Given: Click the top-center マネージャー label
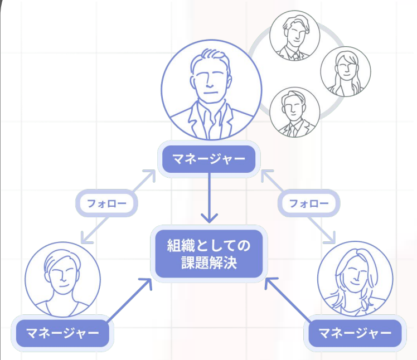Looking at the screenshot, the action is [x=208, y=159].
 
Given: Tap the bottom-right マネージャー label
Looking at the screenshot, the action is [x=355, y=333].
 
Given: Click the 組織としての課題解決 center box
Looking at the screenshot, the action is [x=208, y=254].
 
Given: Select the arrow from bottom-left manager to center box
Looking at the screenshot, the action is [x=129, y=301].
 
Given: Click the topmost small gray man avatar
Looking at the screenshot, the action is [x=294, y=36].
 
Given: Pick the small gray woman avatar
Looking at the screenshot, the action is [x=345, y=71].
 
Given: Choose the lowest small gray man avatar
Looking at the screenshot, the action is [x=294, y=112].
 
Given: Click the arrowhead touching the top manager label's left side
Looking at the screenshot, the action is [x=149, y=177].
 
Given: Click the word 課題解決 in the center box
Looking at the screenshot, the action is [x=208, y=262].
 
